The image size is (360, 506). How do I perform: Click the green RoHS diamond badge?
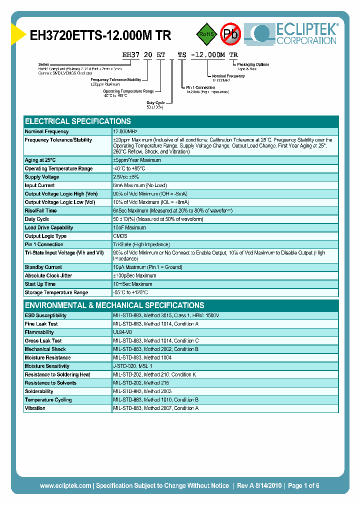click(207, 34)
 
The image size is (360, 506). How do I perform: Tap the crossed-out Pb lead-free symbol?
click(231, 34)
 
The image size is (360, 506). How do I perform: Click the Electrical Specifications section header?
click(78, 121)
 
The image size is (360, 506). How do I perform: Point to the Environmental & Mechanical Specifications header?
click(114, 305)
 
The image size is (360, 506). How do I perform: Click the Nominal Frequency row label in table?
click(47, 131)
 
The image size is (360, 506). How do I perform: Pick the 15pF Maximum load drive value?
click(129, 227)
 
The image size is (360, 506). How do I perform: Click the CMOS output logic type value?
click(120, 236)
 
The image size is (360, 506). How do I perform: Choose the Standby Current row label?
click(43, 267)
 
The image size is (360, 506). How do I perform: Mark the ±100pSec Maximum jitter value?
click(134, 275)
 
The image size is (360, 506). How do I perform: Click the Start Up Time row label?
click(40, 284)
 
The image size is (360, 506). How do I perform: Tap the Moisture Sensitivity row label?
click(47, 366)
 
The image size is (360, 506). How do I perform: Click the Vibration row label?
click(35, 408)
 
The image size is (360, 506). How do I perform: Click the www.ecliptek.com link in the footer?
click(65, 485)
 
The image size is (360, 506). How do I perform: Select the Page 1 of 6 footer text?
click(303, 485)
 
